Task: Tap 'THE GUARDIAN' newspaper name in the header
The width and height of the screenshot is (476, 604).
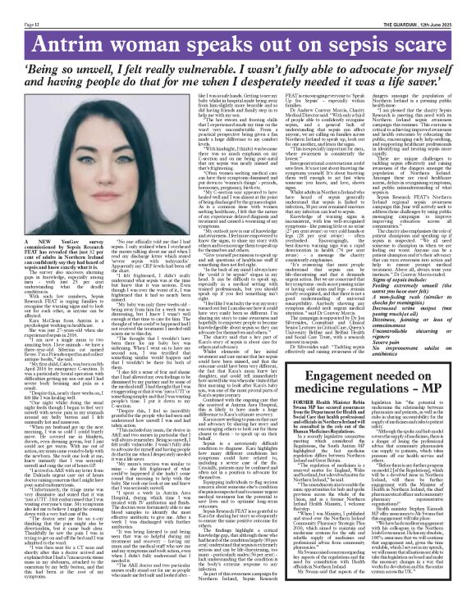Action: coord(393,5)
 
